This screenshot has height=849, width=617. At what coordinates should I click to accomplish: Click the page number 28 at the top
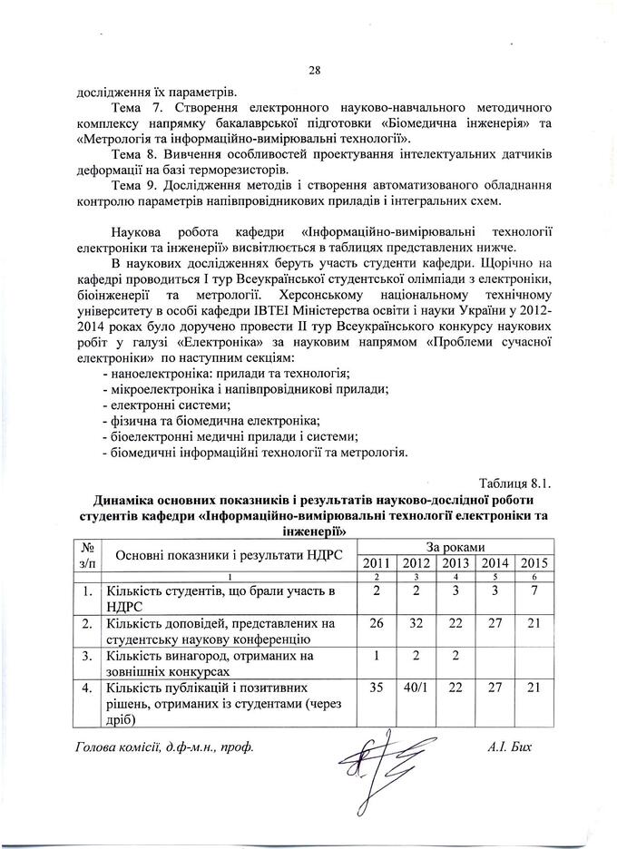tap(315, 71)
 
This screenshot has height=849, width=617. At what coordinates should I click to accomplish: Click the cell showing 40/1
tap(414, 689)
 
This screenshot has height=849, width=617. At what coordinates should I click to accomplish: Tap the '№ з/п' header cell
tap(89, 555)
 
